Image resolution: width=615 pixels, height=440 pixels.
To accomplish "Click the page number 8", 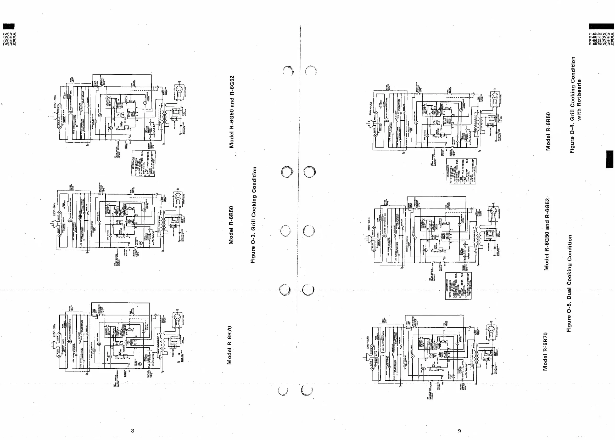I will [x=132, y=431].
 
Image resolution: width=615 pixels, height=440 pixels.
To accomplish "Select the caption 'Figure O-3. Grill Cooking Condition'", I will [x=253, y=215].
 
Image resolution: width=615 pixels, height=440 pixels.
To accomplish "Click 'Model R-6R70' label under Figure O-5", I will [x=545, y=351].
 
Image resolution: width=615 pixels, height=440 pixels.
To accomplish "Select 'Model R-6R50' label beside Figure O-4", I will [x=548, y=131].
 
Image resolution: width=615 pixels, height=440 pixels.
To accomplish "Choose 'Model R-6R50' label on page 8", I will [x=231, y=225].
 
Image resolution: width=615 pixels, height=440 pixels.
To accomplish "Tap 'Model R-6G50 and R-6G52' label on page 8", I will [x=231, y=112].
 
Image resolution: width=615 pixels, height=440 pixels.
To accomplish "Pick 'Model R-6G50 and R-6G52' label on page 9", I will [x=547, y=234].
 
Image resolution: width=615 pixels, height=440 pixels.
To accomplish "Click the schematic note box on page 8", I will [x=144, y=163].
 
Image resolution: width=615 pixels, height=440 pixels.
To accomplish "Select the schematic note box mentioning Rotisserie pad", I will [x=461, y=171].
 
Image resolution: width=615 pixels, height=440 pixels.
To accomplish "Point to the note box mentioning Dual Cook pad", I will [x=458, y=286].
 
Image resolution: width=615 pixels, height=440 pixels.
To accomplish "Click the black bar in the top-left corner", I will [x=9, y=26].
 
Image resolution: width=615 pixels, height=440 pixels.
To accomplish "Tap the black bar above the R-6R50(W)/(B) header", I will [x=601, y=26].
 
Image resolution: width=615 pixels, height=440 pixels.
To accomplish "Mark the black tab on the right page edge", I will [x=610, y=159].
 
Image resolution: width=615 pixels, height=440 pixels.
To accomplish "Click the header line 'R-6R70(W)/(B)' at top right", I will [x=601, y=44].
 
